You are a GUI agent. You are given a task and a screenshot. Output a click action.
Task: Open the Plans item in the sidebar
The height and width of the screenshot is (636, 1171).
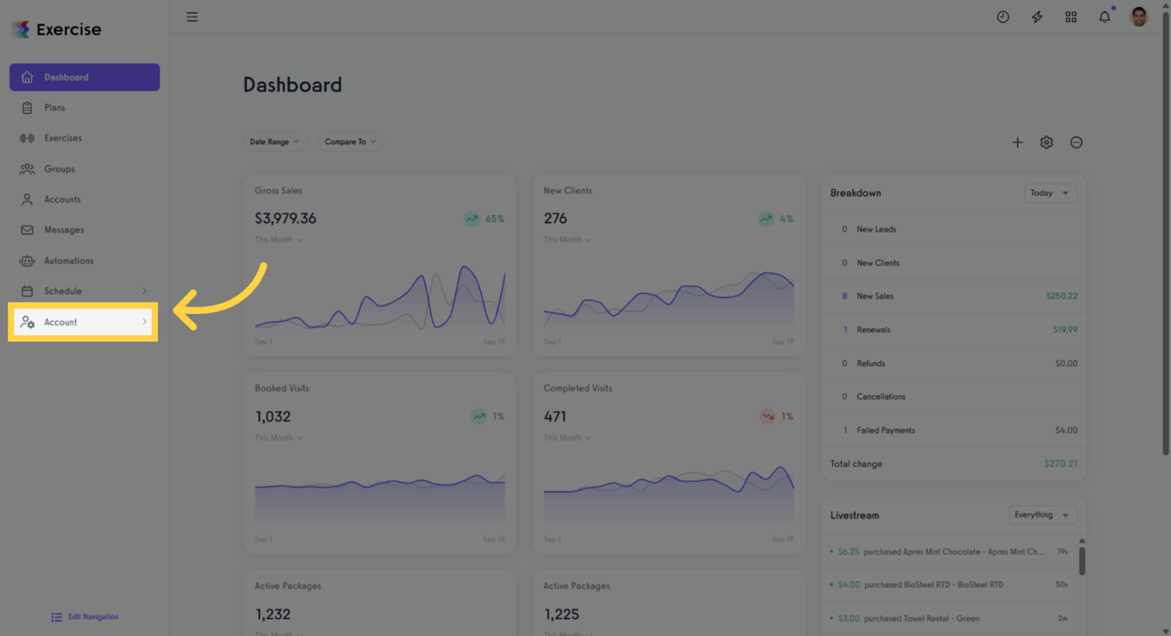pos(55,108)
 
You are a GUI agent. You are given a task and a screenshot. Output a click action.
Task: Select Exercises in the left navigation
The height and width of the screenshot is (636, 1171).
pos(63,138)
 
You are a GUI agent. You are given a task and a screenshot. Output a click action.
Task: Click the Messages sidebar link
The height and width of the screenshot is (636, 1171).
pos(63,230)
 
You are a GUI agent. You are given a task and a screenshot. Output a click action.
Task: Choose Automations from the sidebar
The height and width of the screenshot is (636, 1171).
pos(69,261)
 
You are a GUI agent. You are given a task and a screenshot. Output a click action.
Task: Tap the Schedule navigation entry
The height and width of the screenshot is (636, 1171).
pos(63,291)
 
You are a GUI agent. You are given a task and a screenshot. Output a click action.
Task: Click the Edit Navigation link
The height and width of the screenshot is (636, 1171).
pos(93,617)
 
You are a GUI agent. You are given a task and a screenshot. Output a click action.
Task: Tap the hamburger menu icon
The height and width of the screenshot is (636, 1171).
pos(192,17)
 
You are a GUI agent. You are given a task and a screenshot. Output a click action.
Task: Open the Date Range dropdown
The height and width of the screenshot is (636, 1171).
pos(274,142)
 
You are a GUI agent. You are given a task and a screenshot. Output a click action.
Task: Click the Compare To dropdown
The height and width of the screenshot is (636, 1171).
pos(350,142)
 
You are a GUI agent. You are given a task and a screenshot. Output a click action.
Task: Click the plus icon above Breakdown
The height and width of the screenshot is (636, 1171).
pos(1018,142)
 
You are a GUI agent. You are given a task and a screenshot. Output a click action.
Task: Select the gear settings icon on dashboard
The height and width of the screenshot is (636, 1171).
pos(1047,142)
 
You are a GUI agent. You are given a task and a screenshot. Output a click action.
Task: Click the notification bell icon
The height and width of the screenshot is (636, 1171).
pos(1104,17)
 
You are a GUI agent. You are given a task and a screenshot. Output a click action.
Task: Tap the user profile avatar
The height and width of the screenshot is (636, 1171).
pos(1138,17)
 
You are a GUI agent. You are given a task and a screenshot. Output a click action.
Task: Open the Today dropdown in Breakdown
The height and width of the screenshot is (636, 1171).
pos(1050,193)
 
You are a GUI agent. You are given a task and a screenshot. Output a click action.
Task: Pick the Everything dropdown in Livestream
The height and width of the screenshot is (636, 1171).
pos(1042,515)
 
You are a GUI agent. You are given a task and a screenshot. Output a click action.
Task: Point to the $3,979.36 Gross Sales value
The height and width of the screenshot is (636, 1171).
pos(285,219)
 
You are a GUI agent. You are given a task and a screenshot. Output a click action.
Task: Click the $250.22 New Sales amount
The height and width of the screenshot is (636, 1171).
pos(1061,297)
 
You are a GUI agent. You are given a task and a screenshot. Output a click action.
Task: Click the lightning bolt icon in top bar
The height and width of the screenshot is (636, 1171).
pos(1036,17)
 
